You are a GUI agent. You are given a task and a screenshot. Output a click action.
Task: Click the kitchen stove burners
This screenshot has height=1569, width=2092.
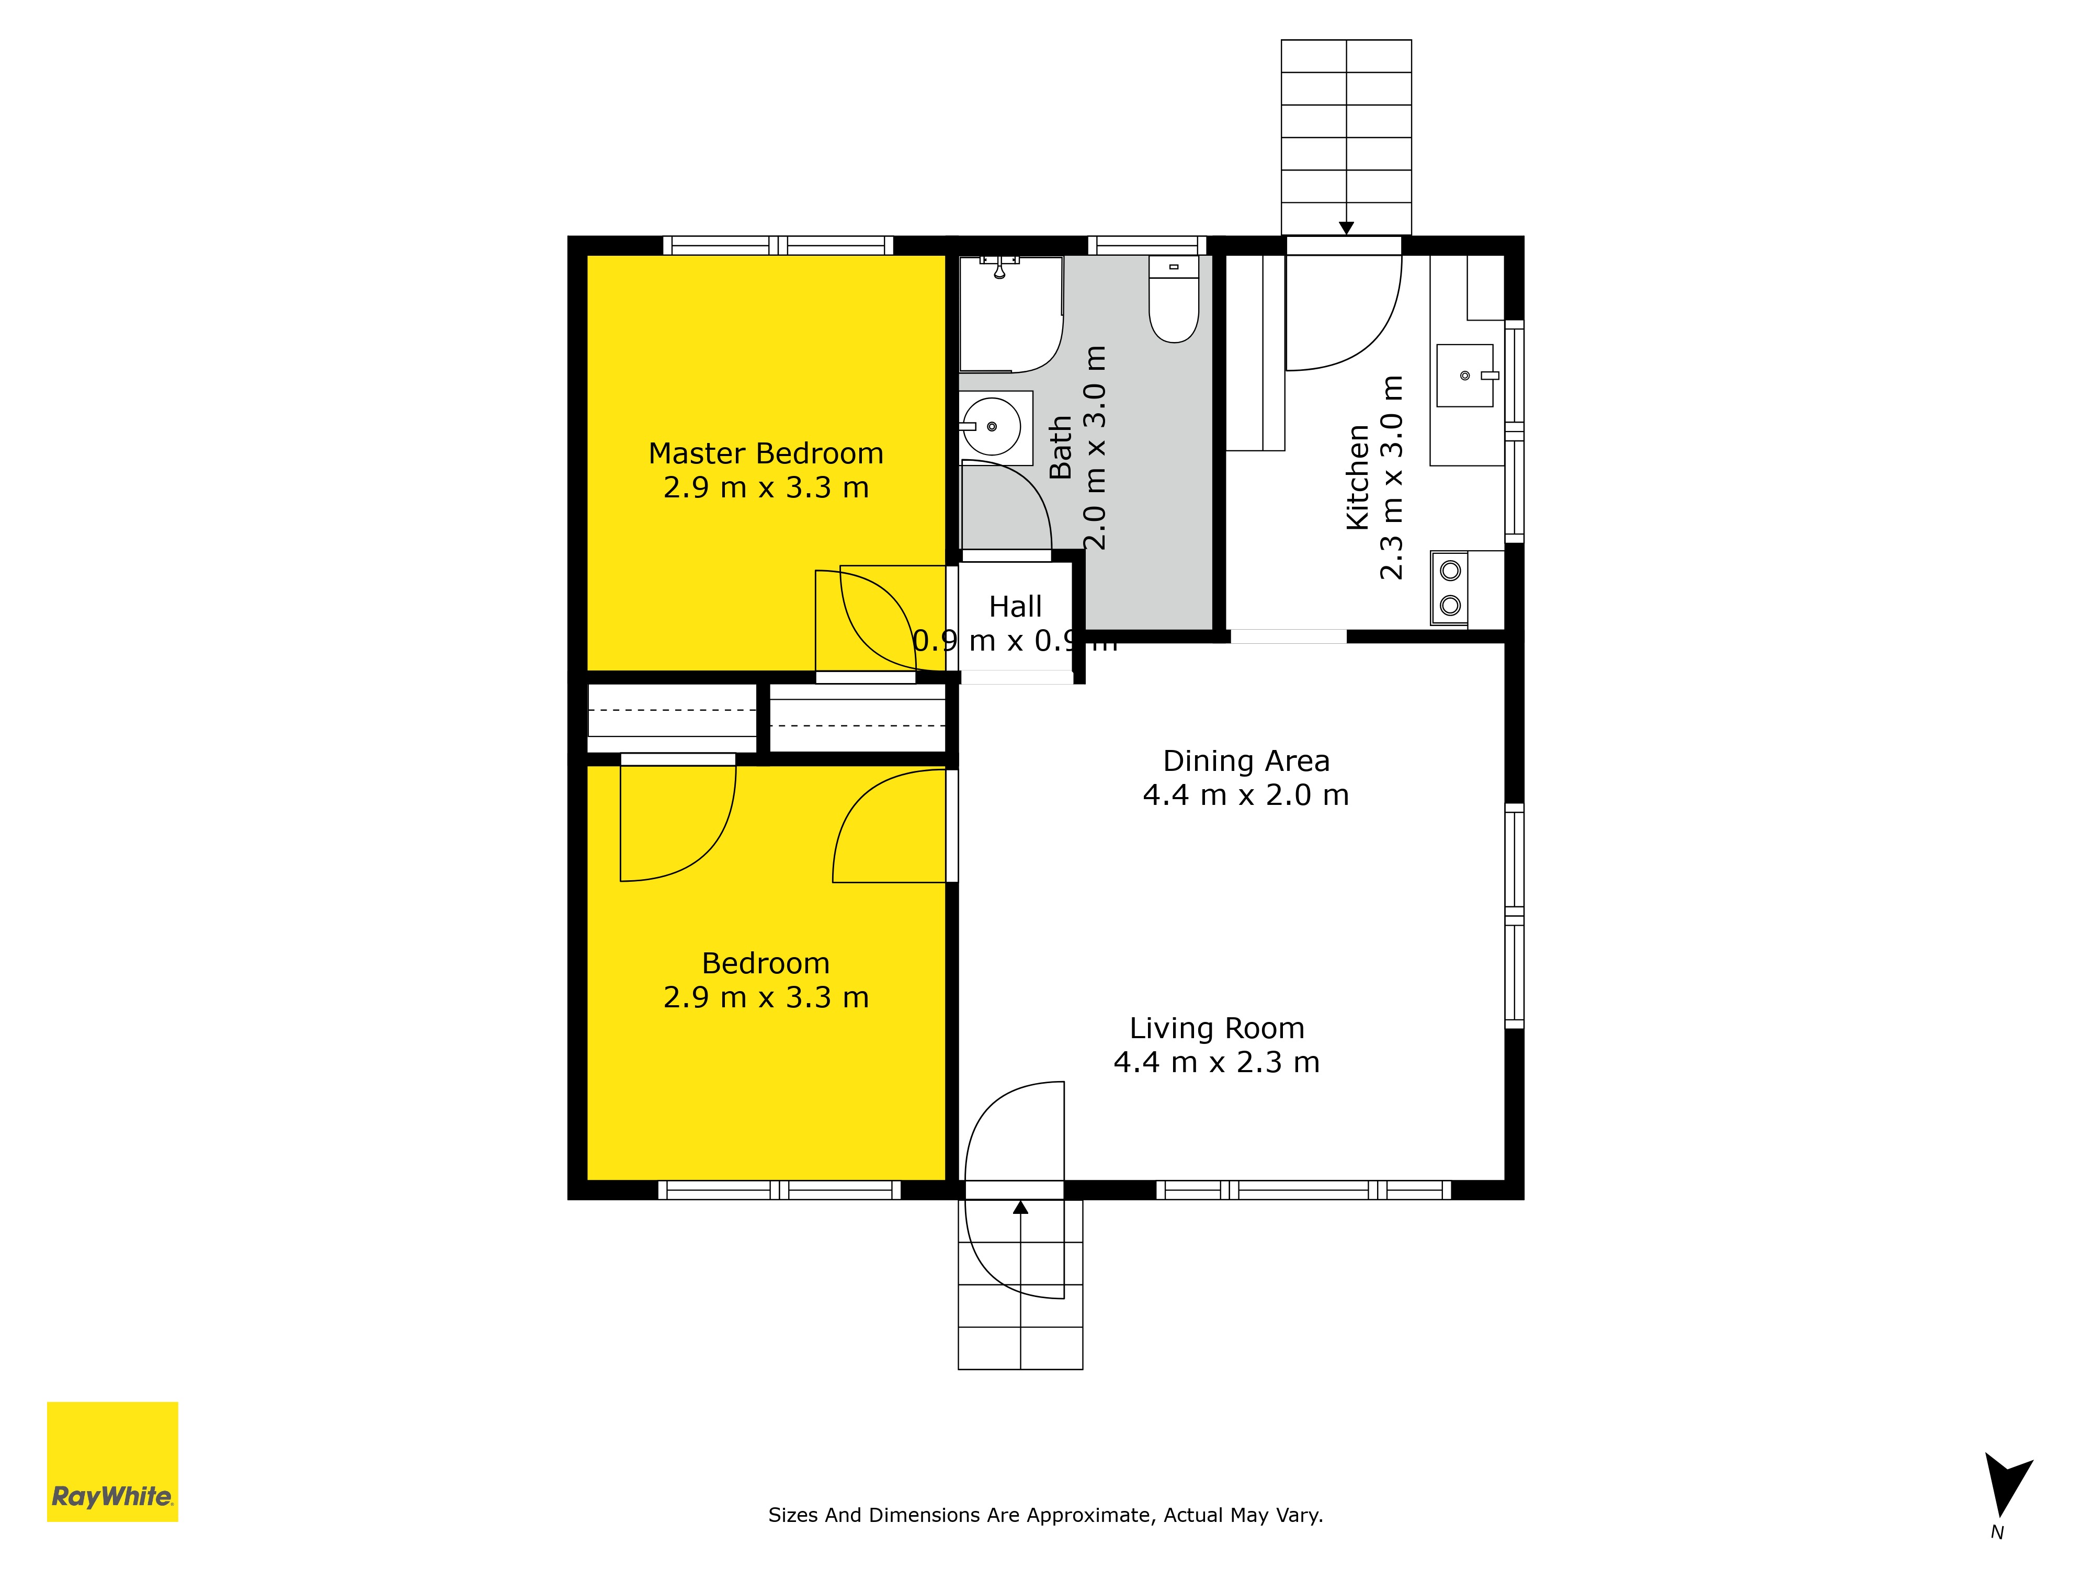(1450, 588)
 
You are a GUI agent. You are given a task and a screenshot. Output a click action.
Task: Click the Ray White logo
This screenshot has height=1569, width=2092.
(112, 1461)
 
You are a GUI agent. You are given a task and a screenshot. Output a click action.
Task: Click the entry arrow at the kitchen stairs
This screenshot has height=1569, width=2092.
(1346, 228)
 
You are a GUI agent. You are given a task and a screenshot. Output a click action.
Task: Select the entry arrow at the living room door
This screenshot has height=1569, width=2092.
(1020, 1207)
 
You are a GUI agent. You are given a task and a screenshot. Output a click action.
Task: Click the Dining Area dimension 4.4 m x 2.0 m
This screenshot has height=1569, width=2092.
(1246, 795)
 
